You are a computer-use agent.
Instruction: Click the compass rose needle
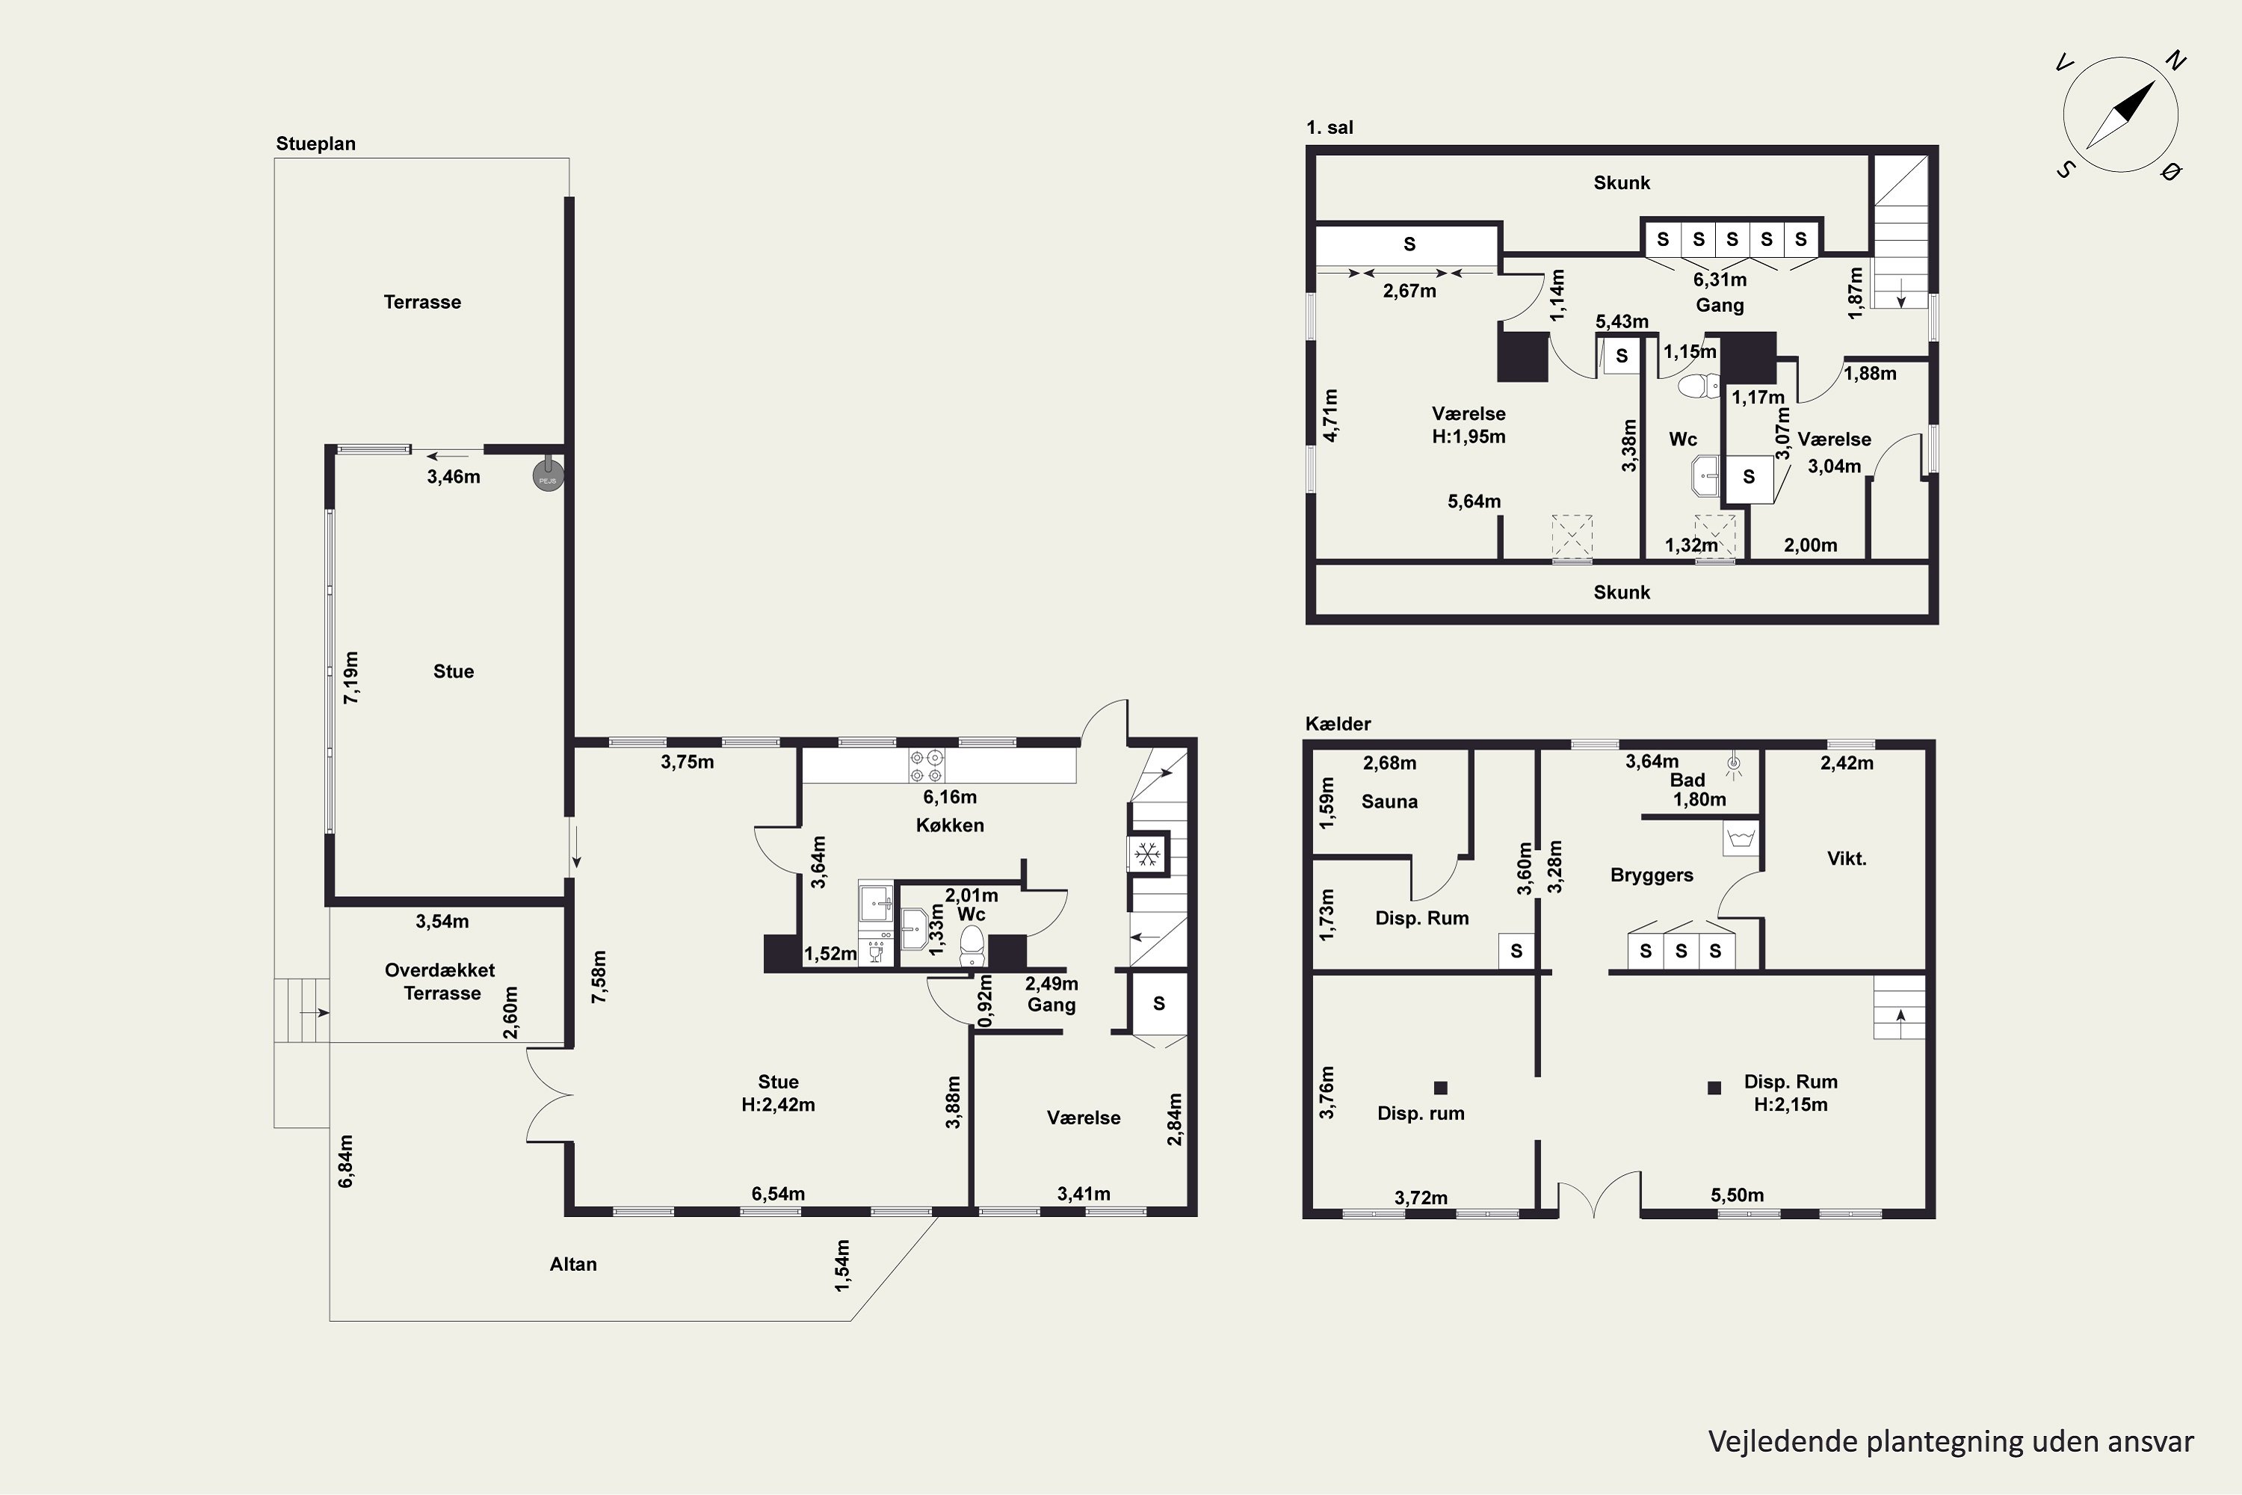pos(2121,115)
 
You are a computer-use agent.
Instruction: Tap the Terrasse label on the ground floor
pos(422,302)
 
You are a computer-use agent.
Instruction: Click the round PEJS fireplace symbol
pos(548,475)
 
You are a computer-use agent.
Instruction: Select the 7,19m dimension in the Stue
pos(350,678)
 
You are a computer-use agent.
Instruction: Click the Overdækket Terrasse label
pos(440,981)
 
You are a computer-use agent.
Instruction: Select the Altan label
pos(573,1264)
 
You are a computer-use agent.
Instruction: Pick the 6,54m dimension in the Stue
pos(778,1194)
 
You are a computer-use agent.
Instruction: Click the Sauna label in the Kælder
pos(1389,802)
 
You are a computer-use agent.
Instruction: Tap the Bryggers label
pos(1652,875)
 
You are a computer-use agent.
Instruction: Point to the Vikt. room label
pos(1847,858)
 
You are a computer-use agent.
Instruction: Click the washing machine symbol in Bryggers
pos(1741,839)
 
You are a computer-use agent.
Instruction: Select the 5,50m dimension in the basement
pos(1737,1195)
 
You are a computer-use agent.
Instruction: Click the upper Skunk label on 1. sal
pos(1622,183)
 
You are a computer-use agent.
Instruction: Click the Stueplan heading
pos(315,144)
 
